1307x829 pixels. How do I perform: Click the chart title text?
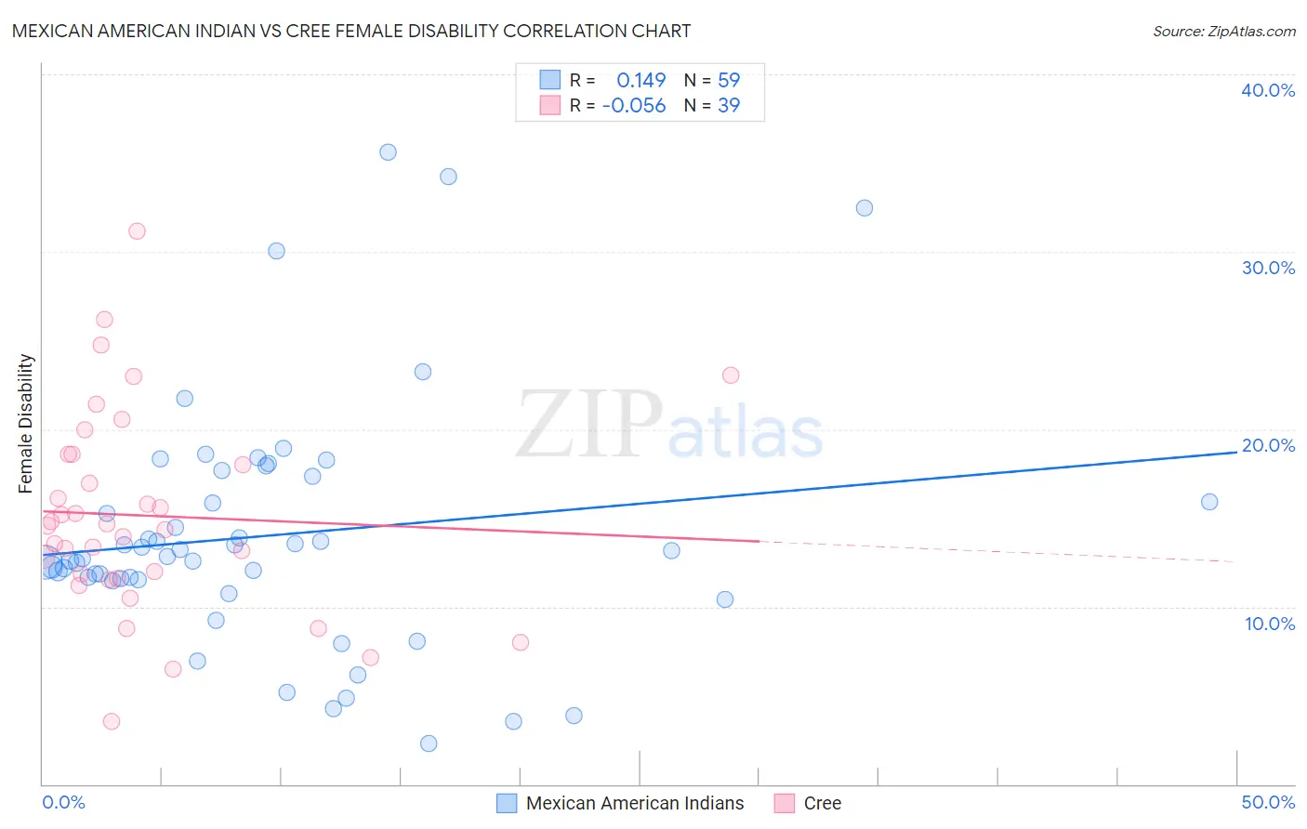(x=351, y=31)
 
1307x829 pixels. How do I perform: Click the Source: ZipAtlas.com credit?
(x=1223, y=31)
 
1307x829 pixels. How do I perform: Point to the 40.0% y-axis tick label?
(x=1268, y=90)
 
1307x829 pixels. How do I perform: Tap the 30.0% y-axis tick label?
(x=1268, y=268)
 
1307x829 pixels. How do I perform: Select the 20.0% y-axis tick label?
(x=1268, y=445)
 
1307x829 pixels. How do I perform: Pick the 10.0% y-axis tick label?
(x=1270, y=624)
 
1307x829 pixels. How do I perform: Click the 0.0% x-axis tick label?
(x=63, y=802)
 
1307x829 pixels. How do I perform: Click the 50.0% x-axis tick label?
(x=1268, y=802)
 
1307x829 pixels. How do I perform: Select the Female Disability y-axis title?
(x=26, y=423)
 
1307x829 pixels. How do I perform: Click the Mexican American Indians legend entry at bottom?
(x=635, y=803)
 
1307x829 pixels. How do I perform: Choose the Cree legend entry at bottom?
(x=822, y=803)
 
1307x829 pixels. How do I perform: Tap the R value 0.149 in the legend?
(x=641, y=80)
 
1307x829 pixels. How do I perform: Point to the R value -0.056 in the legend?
(x=634, y=106)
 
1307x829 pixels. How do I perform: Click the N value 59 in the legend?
(x=729, y=80)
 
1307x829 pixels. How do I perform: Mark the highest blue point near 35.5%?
(x=388, y=152)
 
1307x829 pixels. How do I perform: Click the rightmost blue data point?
(x=1209, y=502)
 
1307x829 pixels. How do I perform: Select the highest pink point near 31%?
(x=137, y=231)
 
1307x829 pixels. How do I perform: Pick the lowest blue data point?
(x=429, y=743)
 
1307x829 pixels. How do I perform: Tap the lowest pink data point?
(x=112, y=721)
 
